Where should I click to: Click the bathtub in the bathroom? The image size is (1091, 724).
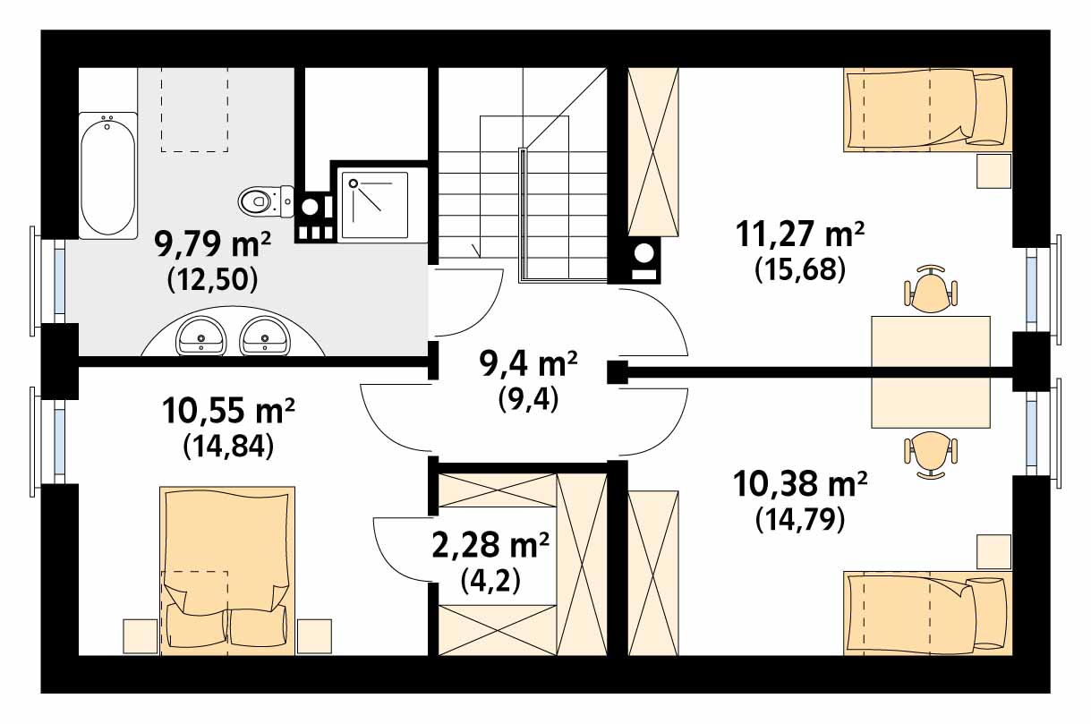click(107, 175)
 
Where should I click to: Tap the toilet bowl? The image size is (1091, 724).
click(266, 201)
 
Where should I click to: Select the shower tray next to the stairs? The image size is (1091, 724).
click(374, 205)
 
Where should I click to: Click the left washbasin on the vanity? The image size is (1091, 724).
click(200, 336)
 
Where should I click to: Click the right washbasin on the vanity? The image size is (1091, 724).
click(265, 336)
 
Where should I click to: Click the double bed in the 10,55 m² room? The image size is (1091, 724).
click(227, 571)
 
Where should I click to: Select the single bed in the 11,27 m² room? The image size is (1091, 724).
click(928, 109)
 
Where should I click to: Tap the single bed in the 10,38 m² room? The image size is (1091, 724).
click(928, 613)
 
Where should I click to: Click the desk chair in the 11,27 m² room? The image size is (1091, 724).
click(931, 289)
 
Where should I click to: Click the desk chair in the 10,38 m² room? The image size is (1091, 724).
click(931, 456)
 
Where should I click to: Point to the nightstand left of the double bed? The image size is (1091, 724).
click(141, 636)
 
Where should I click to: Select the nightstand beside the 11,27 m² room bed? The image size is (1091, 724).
click(993, 171)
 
